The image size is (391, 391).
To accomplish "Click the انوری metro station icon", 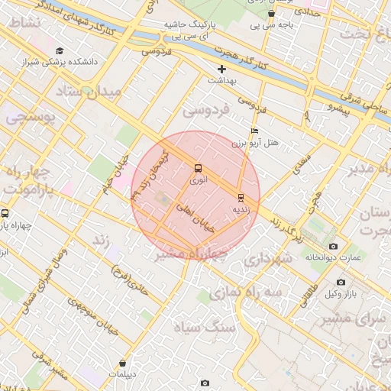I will point(199,168).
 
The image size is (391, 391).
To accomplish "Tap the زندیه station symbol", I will point(241,196).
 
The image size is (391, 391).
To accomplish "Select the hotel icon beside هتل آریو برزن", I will point(254,131).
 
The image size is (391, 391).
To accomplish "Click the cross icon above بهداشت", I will point(221,69).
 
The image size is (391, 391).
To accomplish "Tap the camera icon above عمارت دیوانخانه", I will point(333,246).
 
